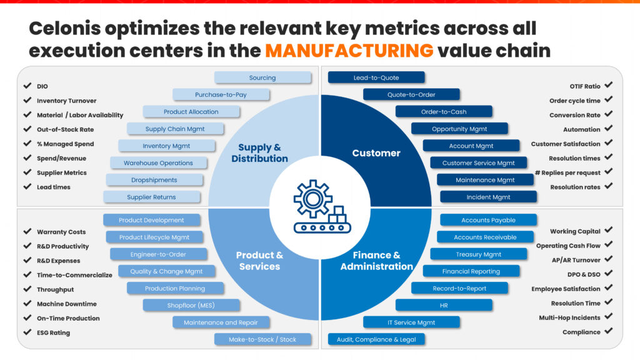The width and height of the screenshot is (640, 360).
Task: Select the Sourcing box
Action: click(262, 77)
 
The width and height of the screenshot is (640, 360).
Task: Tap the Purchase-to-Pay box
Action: click(221, 94)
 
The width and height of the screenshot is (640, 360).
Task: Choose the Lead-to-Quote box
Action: click(376, 77)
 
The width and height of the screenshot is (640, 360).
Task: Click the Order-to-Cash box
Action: click(444, 112)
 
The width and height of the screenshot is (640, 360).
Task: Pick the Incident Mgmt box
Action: click(488, 197)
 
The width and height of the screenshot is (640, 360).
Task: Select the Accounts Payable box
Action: click(488, 220)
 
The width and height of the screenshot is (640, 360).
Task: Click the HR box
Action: click(444, 305)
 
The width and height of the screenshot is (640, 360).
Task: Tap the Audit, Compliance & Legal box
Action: click(376, 339)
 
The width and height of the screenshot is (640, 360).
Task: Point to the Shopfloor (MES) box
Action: click(191, 305)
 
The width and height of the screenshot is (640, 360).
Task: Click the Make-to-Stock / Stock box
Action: click(262, 339)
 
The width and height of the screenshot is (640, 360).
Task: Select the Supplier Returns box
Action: click(152, 197)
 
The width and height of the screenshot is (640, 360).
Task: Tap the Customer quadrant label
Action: click(376, 153)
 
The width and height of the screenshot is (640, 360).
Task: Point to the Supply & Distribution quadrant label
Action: click(259, 153)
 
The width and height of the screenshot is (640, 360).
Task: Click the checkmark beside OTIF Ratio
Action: click(608, 85)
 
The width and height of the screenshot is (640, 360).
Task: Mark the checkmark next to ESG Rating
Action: click(27, 332)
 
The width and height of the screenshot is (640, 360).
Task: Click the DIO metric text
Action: click(42, 86)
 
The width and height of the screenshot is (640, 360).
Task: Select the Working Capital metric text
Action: click(575, 232)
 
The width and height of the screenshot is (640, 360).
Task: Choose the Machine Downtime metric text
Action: click(67, 304)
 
